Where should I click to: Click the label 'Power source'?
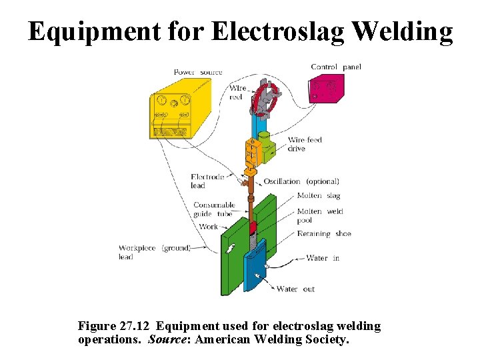click(198, 72)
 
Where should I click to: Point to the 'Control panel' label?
click(336, 67)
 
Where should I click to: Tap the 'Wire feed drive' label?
click(305, 144)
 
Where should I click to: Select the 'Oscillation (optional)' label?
click(301, 181)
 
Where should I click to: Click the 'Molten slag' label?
click(319, 195)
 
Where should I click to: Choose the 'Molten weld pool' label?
click(319, 215)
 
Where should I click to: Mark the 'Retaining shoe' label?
click(324, 234)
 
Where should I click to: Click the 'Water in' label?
click(323, 258)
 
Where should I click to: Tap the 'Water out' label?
click(295, 289)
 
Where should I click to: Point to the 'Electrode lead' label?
click(207, 181)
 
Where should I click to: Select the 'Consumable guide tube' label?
click(213, 209)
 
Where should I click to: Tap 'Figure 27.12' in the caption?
click(113, 326)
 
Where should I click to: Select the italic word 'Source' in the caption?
click(164, 339)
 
